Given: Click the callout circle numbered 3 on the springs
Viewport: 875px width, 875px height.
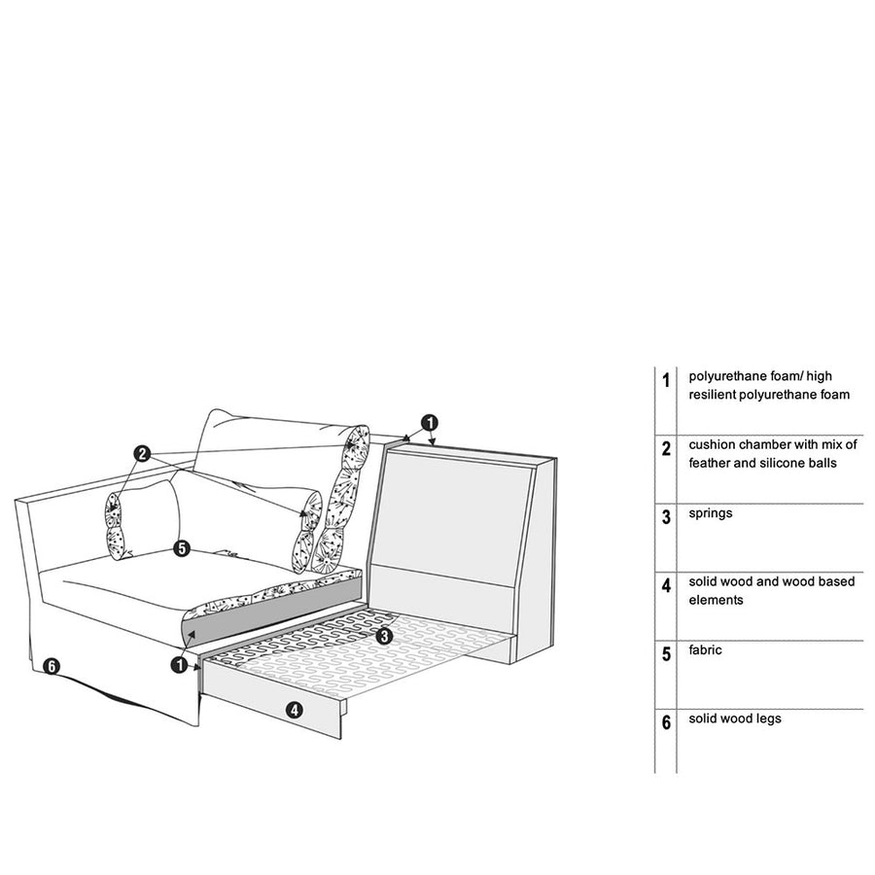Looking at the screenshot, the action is click(x=384, y=636).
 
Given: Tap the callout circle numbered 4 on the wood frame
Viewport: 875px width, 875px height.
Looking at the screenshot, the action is click(x=294, y=710).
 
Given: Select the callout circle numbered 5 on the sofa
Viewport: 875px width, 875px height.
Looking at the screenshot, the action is click(x=182, y=548).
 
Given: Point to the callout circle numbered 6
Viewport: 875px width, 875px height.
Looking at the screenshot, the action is click(x=51, y=666).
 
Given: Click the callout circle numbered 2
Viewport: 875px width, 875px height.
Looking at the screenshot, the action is click(x=142, y=454).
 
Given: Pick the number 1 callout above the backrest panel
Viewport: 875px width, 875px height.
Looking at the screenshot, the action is click(x=430, y=423).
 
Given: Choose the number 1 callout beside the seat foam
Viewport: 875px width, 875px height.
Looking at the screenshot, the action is click(x=179, y=664).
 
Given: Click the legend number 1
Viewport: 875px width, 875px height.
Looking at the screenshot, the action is click(x=666, y=380).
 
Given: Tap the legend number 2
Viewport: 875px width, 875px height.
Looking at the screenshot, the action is click(x=666, y=448).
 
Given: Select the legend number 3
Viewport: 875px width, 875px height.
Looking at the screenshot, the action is click(x=666, y=517).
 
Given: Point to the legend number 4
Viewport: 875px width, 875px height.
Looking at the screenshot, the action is click(x=666, y=586).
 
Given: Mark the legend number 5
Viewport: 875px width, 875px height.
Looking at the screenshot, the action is click(x=666, y=654).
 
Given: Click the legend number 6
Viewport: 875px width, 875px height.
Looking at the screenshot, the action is click(x=666, y=722).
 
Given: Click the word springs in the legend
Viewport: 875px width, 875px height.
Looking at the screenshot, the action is click(x=711, y=514).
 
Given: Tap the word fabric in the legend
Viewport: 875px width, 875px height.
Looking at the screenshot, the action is click(x=705, y=650).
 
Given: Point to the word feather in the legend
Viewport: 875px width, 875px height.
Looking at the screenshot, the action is click(x=710, y=463).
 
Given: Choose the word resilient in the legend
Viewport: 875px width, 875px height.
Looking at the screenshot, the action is click(x=712, y=395).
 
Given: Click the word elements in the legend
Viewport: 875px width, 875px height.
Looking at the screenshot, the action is click(x=716, y=601).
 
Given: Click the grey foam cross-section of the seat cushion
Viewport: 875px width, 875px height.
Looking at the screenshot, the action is click(x=273, y=609).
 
